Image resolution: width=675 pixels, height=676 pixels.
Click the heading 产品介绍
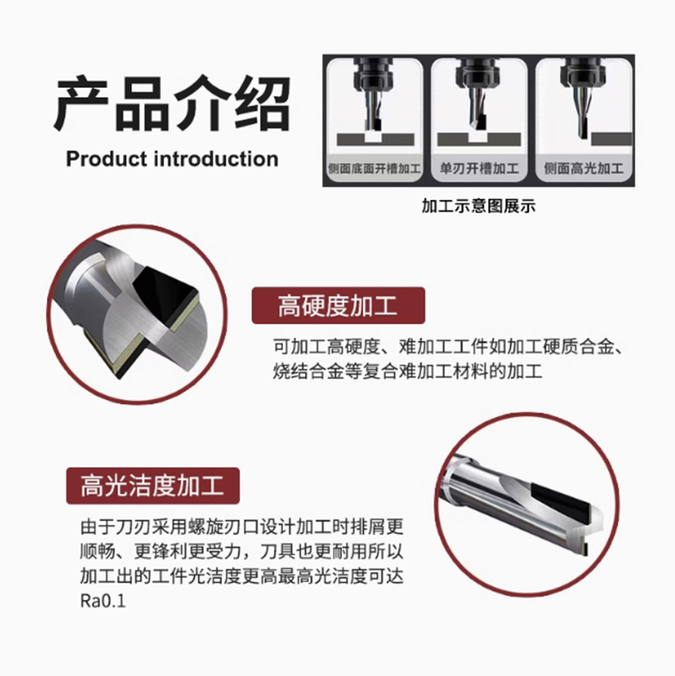[173, 103]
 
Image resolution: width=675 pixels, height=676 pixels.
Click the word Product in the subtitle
[107, 159]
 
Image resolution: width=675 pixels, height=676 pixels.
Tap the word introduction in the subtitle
[216, 159]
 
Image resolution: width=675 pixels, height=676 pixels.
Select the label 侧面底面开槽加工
[374, 168]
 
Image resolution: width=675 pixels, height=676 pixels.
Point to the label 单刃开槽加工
[478, 168]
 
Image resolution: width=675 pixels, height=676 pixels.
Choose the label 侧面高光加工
[584, 168]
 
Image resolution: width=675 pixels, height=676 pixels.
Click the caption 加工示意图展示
[478, 206]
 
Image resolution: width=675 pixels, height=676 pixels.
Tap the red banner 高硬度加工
[338, 305]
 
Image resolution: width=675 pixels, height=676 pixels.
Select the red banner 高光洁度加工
[153, 485]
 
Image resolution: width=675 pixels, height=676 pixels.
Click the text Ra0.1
[103, 601]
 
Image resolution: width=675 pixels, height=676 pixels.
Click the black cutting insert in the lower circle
[561, 503]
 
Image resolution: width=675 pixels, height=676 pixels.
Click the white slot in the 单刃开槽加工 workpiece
[478, 138]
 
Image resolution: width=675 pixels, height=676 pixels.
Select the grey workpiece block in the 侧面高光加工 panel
[611, 139]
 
